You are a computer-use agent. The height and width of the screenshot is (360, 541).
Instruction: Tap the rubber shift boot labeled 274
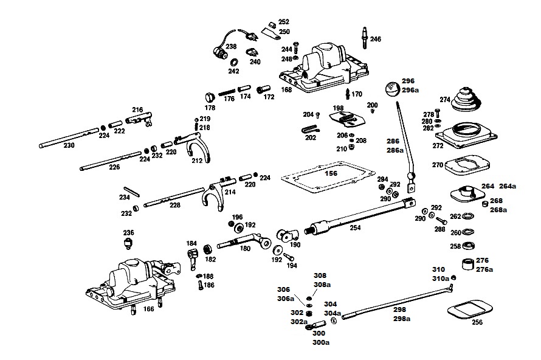[x=466, y=99]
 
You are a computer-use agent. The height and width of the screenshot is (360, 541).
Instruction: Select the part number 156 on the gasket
[x=331, y=173]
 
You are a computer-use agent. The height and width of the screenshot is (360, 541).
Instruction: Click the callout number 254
[x=355, y=227]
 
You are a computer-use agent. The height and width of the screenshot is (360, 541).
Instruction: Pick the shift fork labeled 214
[x=215, y=193]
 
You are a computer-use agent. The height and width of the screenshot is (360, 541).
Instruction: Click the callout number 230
[x=69, y=145]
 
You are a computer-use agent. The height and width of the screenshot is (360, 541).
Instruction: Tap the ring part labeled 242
[x=234, y=63]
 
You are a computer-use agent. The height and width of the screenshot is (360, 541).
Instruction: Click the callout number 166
[x=149, y=309]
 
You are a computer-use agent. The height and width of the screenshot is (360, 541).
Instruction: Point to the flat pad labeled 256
[x=470, y=309]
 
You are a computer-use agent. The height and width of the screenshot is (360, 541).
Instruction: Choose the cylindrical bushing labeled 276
[x=468, y=265]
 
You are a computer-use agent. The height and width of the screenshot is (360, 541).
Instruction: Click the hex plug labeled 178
[x=210, y=97]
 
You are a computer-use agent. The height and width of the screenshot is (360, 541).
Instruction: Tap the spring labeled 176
[x=226, y=92]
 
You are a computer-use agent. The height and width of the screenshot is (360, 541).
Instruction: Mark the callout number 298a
[x=402, y=319]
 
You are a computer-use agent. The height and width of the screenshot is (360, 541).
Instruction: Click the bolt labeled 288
[x=441, y=221]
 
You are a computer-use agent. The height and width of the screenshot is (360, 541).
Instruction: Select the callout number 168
[x=286, y=90]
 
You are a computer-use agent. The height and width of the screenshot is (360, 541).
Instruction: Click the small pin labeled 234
[x=132, y=192]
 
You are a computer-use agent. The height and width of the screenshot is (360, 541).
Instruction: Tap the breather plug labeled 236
[x=129, y=243]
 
